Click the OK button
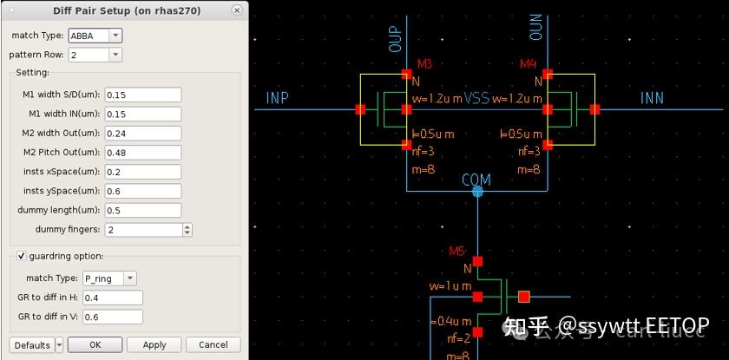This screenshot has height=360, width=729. point(95,344)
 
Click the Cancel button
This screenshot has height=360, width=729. point(213,344)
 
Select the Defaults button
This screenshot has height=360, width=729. point(32,344)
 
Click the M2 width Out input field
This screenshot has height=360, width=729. point(142,134)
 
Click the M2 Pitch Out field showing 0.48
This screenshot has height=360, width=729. point(142,153)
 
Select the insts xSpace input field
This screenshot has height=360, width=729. point(142,172)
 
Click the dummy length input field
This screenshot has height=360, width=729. point(142,210)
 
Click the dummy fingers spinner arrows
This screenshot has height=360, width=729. point(187,230)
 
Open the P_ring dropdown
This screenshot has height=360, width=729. point(108,278)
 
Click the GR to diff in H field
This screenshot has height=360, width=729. point(112,298)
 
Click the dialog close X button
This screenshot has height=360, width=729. point(237,10)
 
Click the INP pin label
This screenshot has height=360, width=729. point(278,98)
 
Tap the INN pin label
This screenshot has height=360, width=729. point(652,98)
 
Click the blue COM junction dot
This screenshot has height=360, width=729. point(477,191)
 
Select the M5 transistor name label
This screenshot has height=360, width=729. point(457,252)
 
